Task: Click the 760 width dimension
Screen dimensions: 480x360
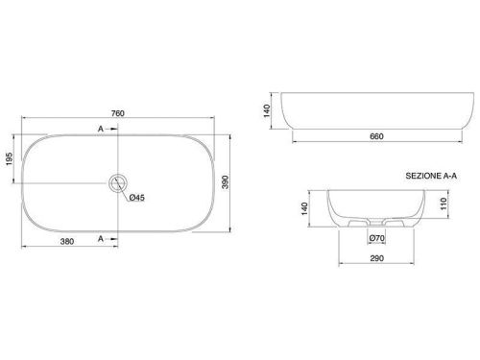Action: tap(118, 113)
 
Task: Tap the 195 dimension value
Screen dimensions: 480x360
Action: tap(10, 158)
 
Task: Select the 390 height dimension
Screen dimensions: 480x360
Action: tap(226, 182)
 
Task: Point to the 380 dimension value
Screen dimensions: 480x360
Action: tap(67, 241)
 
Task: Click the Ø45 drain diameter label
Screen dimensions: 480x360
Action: tap(137, 198)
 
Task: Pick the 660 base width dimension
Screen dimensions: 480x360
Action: tap(376, 136)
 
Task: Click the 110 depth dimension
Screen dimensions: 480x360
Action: tap(444, 204)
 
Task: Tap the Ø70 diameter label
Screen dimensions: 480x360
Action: tap(376, 238)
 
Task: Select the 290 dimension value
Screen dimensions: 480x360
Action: tap(376, 258)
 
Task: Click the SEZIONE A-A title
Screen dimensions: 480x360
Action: tap(431, 176)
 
